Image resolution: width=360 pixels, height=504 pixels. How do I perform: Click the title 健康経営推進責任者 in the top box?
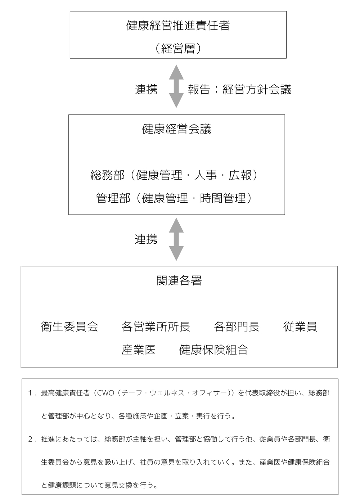(178, 26)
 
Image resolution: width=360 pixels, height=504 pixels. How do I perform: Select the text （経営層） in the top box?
(178, 48)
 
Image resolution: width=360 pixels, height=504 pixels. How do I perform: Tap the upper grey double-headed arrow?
(176, 86)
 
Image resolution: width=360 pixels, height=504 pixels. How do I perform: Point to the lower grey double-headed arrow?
(176, 239)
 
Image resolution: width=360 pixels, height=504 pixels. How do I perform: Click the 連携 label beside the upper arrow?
(146, 89)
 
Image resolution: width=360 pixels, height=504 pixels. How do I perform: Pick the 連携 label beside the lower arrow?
(146, 239)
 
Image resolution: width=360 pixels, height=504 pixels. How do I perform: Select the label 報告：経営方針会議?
(240, 89)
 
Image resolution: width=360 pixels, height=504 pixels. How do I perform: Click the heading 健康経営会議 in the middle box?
(177, 129)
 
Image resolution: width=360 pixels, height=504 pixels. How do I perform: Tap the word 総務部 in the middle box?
(108, 175)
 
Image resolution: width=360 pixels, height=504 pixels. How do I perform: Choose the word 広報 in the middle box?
(240, 175)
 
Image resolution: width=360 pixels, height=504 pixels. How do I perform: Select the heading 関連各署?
(179, 280)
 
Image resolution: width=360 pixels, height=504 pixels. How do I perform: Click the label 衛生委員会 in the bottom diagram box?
(69, 327)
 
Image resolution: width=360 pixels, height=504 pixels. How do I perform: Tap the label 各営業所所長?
(156, 327)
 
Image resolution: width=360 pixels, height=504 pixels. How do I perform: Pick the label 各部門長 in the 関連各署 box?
(237, 327)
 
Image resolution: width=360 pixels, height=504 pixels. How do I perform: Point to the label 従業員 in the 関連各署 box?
(300, 327)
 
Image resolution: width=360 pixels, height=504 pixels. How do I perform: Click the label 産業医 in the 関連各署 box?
(139, 350)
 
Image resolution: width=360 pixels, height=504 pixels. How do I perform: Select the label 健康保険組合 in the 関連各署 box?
(213, 350)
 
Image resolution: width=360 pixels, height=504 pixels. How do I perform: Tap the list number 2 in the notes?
(30, 439)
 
